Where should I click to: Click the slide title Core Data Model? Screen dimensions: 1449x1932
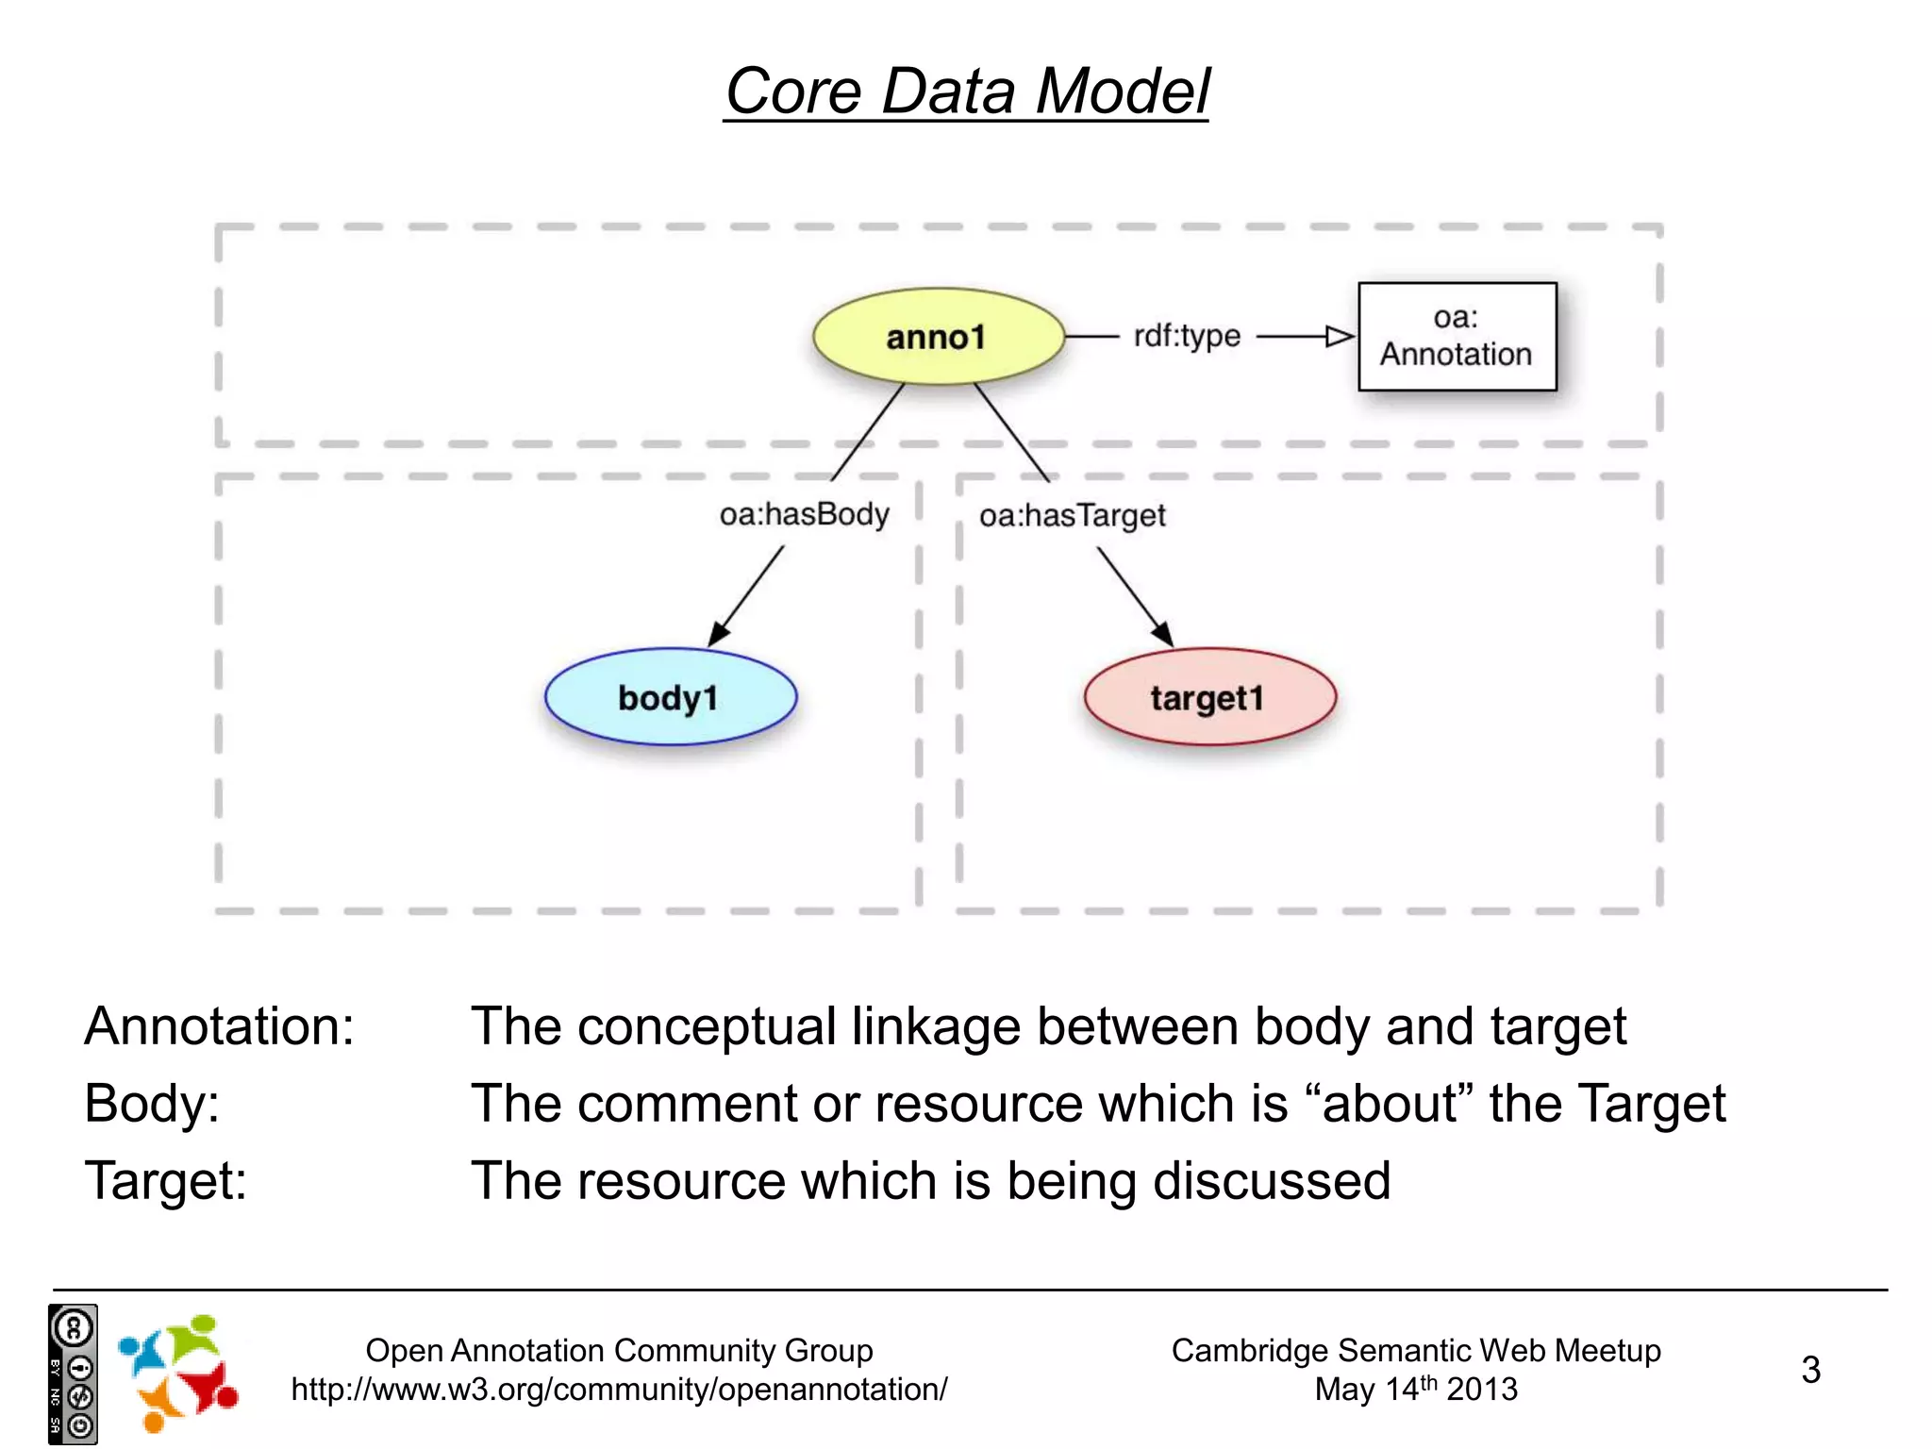[x=966, y=92]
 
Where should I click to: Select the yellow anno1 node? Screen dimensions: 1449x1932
[x=938, y=337]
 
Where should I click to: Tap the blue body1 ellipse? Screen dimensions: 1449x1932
[x=670, y=697]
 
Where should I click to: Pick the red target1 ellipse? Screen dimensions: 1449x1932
[x=1209, y=697]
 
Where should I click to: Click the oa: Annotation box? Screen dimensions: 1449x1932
[x=1457, y=337]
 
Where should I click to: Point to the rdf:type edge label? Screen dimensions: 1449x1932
[x=1187, y=336]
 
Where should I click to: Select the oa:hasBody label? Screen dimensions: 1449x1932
[x=804, y=514]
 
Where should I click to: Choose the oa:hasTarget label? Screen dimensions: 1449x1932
[x=1072, y=515]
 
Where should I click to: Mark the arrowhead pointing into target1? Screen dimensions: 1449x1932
[x=1163, y=634]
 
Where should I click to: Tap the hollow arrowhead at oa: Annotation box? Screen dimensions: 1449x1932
[x=1340, y=337]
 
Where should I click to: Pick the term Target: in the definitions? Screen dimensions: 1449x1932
[x=166, y=1180]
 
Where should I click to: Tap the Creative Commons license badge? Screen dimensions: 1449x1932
[x=73, y=1374]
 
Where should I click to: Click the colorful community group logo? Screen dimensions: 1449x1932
[x=178, y=1373]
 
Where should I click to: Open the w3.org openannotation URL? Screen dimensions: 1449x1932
[x=619, y=1390]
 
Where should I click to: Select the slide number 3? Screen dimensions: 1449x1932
[x=1810, y=1370]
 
